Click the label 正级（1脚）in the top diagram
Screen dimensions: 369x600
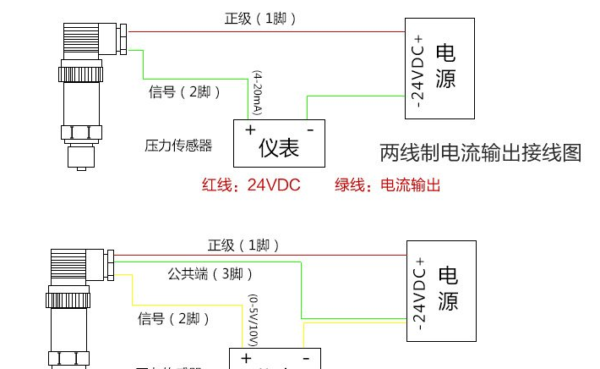[260, 19]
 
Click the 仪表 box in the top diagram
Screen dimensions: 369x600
[279, 148]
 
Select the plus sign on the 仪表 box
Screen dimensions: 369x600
[250, 130]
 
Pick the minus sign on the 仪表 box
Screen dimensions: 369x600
[310, 129]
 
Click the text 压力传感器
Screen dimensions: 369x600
[178, 146]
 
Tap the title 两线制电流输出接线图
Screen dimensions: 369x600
[480, 153]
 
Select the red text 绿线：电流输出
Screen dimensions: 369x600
[387, 185]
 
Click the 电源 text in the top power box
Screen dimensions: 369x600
[445, 67]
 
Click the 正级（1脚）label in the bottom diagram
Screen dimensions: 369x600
[243, 245]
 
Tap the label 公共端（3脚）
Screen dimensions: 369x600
[210, 274]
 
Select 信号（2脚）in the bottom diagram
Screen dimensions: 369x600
[173, 318]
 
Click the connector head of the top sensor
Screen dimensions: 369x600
[92, 41]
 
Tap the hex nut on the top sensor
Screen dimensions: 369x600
[82, 132]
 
